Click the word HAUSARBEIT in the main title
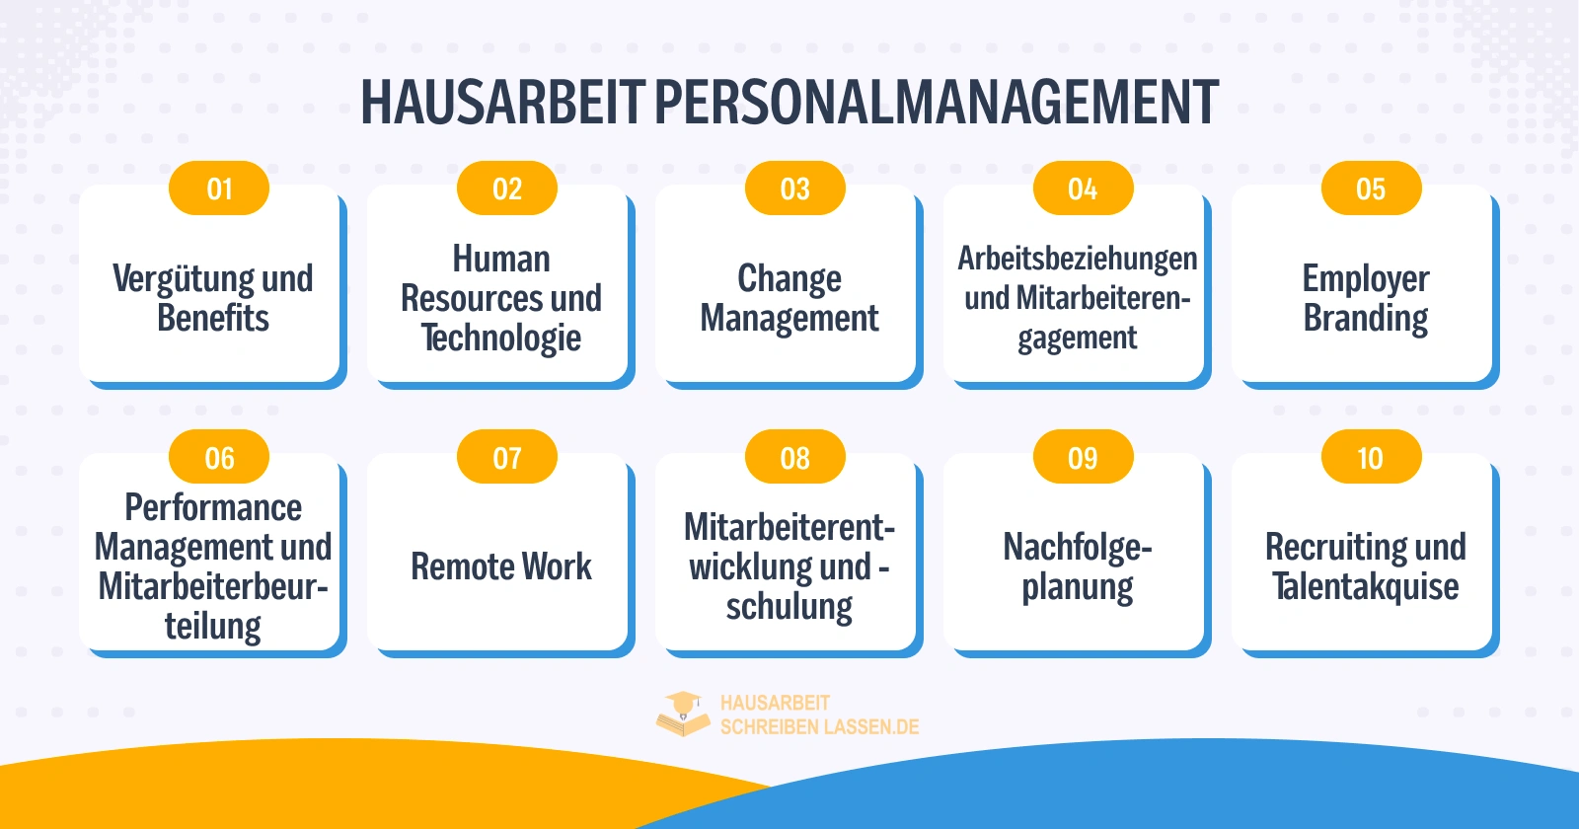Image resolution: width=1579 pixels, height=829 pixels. (x=501, y=103)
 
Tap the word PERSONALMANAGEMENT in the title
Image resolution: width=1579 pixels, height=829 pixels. (x=936, y=103)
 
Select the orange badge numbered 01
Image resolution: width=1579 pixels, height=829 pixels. (x=219, y=188)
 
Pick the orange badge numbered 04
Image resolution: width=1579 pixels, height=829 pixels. (x=1083, y=188)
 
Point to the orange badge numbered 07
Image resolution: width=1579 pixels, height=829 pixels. (x=507, y=458)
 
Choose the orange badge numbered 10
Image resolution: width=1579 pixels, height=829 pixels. (x=1371, y=458)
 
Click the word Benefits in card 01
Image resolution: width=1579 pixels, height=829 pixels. (x=213, y=319)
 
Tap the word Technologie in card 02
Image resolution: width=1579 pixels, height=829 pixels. (x=501, y=339)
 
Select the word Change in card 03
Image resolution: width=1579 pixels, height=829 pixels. (x=789, y=279)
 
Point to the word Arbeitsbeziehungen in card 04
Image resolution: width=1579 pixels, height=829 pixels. (x=1078, y=259)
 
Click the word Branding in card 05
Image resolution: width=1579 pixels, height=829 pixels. (x=1366, y=319)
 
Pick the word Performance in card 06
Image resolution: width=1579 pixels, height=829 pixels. (x=213, y=507)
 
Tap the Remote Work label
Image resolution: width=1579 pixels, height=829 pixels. (x=501, y=566)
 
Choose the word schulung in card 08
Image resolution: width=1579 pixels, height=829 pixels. (x=789, y=607)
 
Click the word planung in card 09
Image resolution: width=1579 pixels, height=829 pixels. (x=1078, y=587)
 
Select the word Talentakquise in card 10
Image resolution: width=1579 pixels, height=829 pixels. (x=1366, y=587)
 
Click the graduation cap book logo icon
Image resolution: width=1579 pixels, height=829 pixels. (x=683, y=714)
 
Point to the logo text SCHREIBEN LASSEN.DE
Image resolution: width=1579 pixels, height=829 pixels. (x=819, y=727)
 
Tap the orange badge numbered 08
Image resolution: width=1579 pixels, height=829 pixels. (x=795, y=458)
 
